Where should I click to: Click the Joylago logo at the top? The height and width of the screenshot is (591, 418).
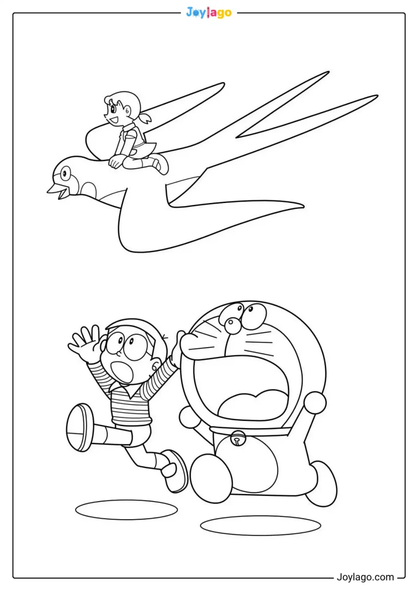click(209, 13)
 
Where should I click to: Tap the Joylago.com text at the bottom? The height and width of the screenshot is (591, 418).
click(365, 577)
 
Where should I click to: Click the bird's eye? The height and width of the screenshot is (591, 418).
click(65, 174)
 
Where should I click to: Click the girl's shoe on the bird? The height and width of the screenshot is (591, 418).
click(161, 165)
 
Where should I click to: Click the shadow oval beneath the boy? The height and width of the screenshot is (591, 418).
click(126, 509)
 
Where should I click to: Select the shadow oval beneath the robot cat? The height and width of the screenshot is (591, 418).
click(261, 525)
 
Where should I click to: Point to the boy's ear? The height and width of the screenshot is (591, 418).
click(156, 365)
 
